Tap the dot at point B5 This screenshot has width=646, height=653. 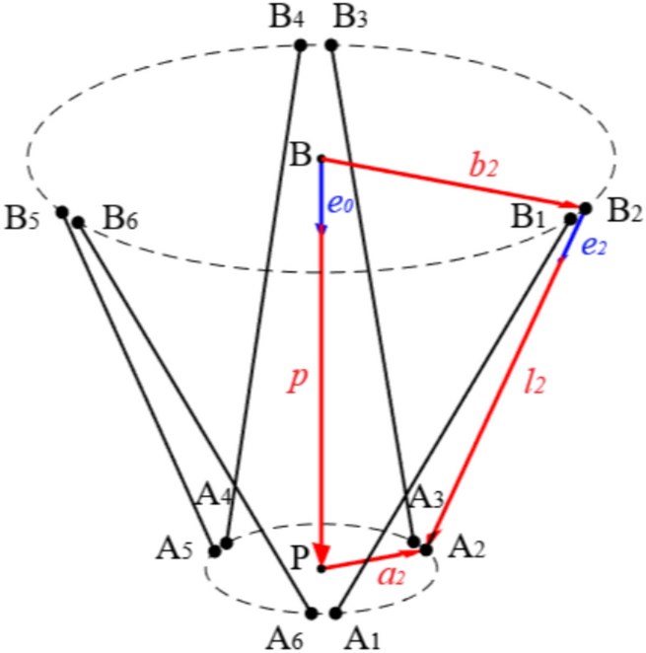[x=62, y=212]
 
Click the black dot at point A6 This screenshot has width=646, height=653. [x=312, y=613]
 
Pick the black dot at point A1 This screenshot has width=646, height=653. [x=336, y=613]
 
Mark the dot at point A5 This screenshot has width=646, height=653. [x=214, y=550]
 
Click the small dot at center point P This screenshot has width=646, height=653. [x=322, y=568]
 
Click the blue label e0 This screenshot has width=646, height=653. [x=341, y=206]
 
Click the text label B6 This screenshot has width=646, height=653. [x=119, y=217]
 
